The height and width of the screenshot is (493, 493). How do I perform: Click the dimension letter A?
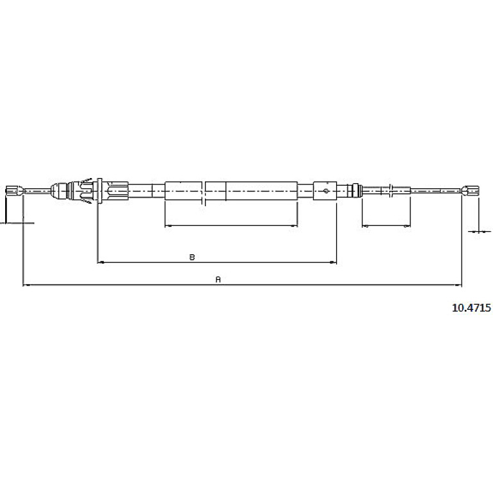coord(218,279)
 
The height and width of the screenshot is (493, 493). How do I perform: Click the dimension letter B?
coord(192,257)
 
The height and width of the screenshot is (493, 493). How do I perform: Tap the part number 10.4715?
coord(471,307)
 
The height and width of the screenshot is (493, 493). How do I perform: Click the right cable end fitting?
coord(471,190)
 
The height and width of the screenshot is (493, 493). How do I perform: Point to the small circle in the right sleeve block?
coord(326,191)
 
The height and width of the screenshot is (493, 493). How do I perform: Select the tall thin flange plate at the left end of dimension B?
coord(100,191)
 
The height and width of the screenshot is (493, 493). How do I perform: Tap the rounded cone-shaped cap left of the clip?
coord(59,191)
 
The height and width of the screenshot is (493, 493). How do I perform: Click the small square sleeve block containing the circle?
coord(325,191)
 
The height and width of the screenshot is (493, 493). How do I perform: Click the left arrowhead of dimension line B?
coord(101,262)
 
